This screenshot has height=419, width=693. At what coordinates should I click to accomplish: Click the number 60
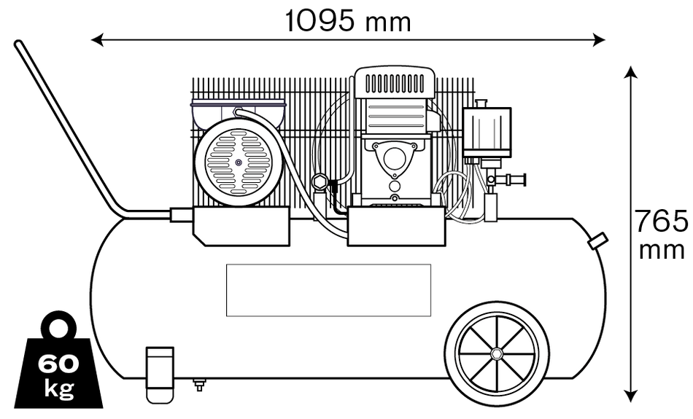pyautogui.click(x=58, y=364)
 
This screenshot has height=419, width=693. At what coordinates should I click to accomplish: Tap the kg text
pyautogui.click(x=58, y=388)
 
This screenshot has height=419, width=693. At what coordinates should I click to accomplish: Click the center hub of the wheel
pyautogui.click(x=497, y=353)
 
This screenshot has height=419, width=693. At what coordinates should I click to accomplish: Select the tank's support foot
pyautogui.click(x=160, y=367)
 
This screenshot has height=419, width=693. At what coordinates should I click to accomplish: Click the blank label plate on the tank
pyautogui.click(x=328, y=290)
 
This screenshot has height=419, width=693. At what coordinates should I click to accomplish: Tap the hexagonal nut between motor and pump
pyautogui.click(x=319, y=182)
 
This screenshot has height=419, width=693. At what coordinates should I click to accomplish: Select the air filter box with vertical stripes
pyautogui.click(x=487, y=131)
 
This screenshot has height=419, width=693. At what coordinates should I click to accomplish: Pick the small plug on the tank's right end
pyautogui.click(x=598, y=241)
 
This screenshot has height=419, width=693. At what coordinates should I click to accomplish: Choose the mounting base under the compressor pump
pyautogui.click(x=396, y=226)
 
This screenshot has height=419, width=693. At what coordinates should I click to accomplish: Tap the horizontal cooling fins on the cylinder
pyautogui.click(x=395, y=115)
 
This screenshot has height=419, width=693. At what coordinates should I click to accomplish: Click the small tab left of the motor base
pyautogui.click(x=181, y=215)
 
